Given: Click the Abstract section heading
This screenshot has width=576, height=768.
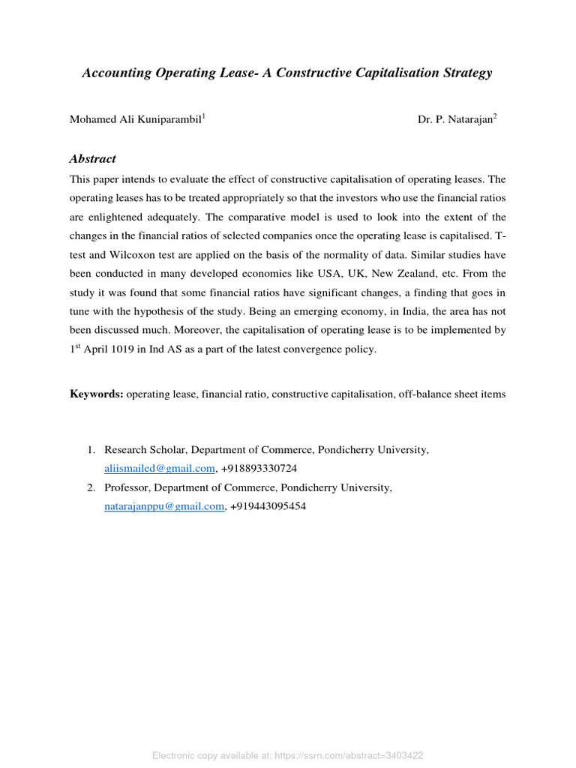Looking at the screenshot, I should [92, 158].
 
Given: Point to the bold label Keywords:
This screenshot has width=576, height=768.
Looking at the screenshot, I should [96, 394].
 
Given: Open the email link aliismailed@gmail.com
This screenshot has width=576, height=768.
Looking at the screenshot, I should [160, 468].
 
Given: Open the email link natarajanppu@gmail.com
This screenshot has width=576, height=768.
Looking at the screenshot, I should [163, 506].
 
